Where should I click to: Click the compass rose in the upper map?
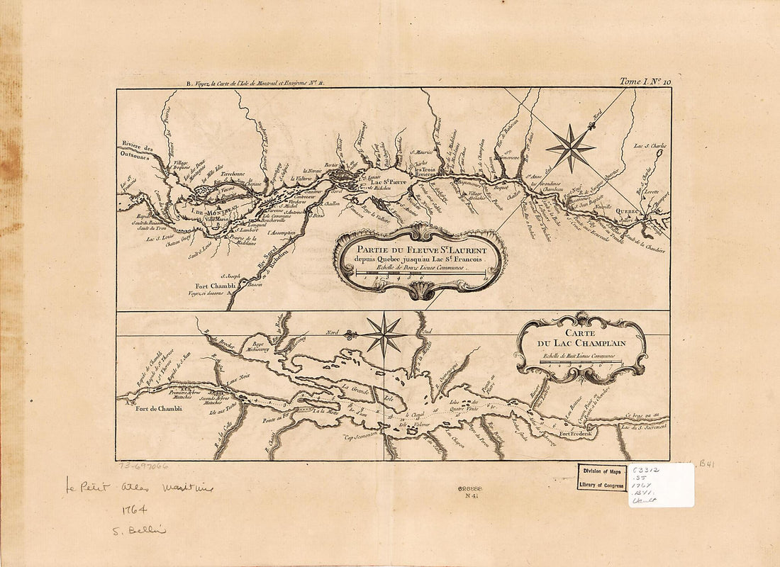(x=571, y=148)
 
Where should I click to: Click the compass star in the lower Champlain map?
(x=384, y=335)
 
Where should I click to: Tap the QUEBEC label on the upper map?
(x=626, y=210)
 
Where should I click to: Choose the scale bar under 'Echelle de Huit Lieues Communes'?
(x=581, y=362)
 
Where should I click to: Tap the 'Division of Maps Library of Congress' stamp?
(x=601, y=477)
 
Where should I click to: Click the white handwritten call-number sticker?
(x=661, y=485)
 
